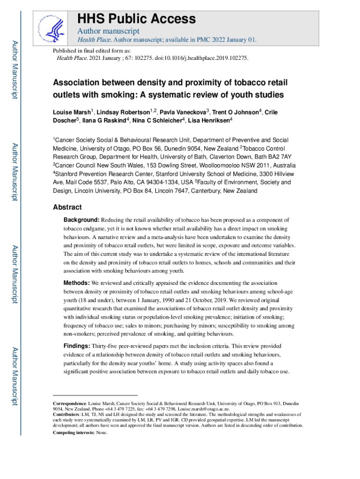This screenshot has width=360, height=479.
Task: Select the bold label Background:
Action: [81, 220]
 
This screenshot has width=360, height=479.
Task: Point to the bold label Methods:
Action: [77, 283]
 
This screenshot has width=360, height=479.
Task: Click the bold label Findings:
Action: [77, 346]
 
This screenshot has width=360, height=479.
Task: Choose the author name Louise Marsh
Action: [72, 113]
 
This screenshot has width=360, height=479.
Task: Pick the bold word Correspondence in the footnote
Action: [69, 403]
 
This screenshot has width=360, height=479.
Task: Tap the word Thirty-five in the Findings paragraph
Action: [106, 346]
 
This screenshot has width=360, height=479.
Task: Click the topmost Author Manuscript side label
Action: [15, 70]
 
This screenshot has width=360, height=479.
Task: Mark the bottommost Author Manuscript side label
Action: [15, 376]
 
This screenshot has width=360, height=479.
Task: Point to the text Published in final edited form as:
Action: [92, 51]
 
